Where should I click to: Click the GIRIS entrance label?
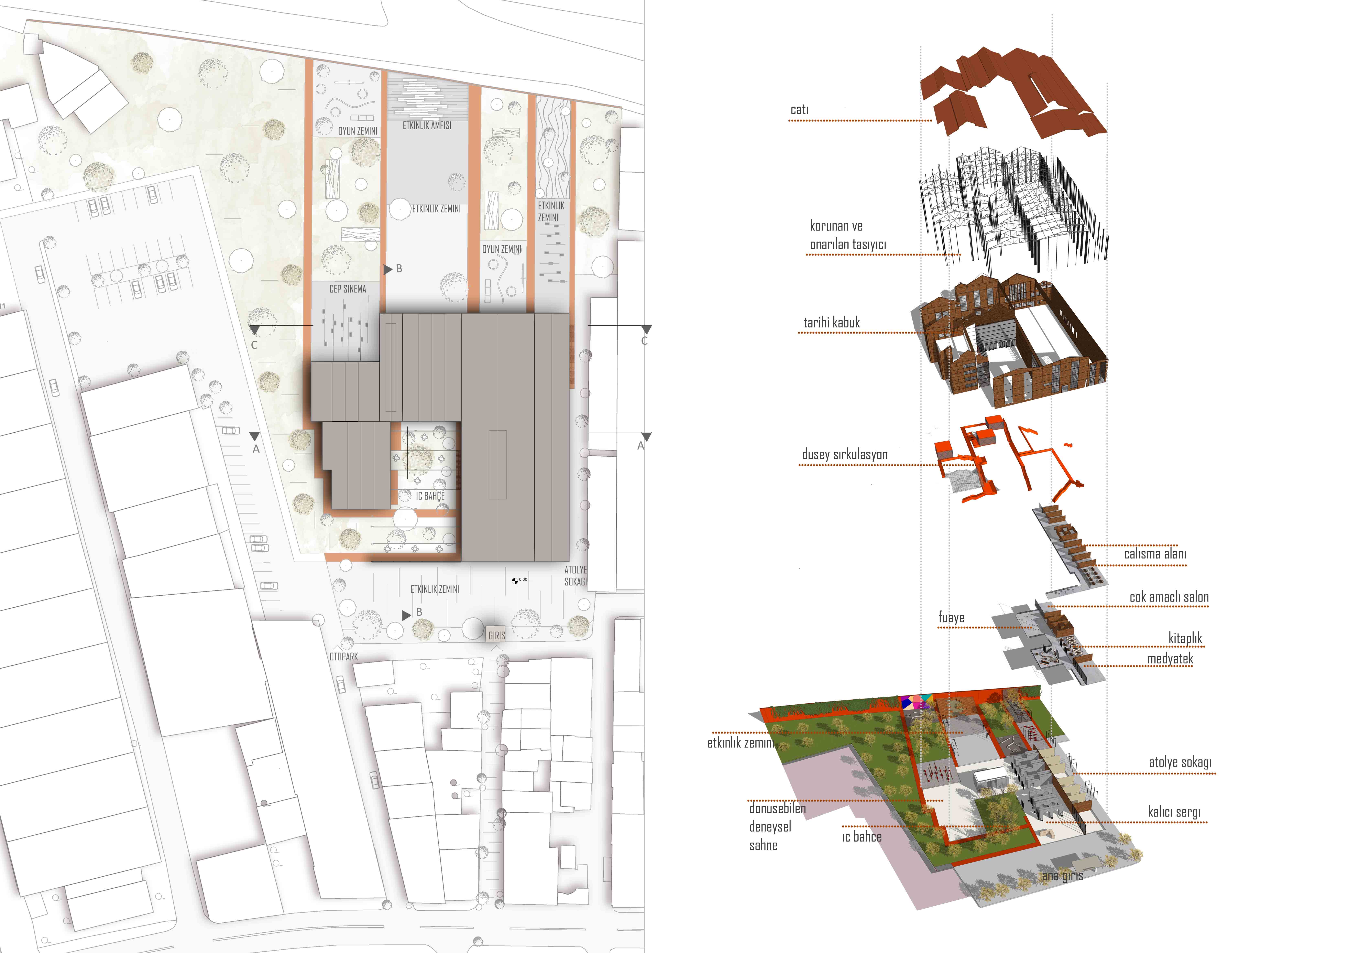[x=496, y=635]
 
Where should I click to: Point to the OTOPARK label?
[x=344, y=656]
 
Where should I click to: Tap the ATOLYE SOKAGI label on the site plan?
[x=575, y=575]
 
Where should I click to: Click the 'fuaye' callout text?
[x=951, y=618]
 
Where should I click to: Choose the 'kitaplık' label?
[x=1185, y=638]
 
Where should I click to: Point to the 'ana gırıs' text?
[x=1062, y=876]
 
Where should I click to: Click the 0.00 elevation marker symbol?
[x=515, y=581]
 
